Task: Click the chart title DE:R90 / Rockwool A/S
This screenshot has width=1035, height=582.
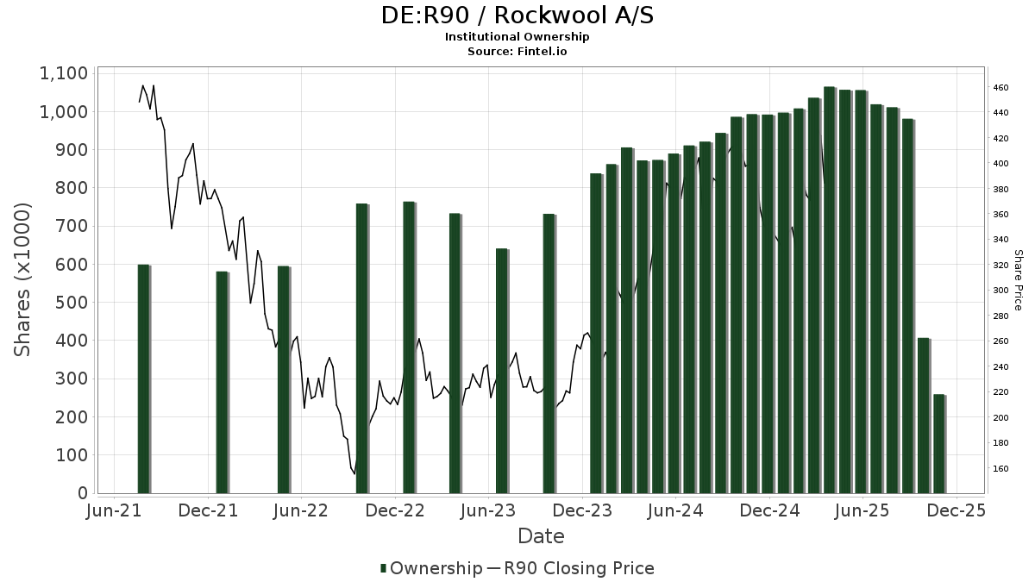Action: [517, 16]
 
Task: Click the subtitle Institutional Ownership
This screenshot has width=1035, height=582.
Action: [517, 37]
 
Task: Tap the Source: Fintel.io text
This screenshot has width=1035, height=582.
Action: [517, 51]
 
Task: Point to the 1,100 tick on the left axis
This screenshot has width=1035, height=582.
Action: [64, 73]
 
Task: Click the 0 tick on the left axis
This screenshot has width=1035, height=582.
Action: [83, 493]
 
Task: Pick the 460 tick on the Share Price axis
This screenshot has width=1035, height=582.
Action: [1001, 88]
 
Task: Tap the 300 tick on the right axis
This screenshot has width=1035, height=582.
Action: [1001, 291]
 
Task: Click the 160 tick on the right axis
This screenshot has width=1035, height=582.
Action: [1001, 468]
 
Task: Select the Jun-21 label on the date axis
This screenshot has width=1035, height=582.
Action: [114, 510]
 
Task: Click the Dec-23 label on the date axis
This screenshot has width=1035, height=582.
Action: [582, 510]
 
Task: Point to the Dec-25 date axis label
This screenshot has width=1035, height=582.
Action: [956, 510]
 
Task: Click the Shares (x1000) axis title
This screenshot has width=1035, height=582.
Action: [22, 280]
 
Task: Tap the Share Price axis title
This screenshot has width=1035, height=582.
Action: [1019, 280]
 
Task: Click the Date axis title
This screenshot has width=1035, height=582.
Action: [541, 536]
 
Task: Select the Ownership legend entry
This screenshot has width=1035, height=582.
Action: [431, 568]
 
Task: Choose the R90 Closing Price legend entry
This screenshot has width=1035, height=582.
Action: [571, 568]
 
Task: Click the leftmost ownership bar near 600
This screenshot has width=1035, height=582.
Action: [144, 379]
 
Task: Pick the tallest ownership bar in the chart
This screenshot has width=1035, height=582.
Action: [830, 290]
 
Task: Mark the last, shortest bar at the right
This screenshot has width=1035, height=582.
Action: [940, 444]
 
